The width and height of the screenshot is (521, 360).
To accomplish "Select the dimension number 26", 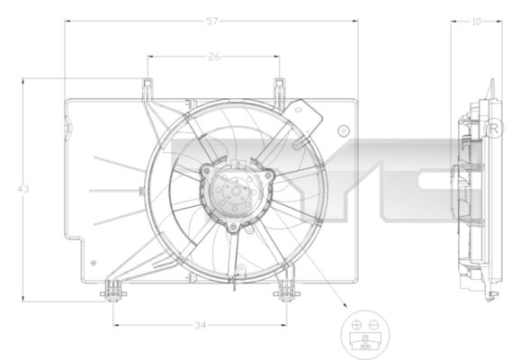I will coord(212,56).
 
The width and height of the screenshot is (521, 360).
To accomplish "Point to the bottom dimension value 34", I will coord(200,325).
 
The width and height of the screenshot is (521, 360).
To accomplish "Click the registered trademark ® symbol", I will coord(493,130).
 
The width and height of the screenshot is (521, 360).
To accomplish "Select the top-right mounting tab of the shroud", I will coord(280,86).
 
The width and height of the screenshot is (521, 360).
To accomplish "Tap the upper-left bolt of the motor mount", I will coord(205,170).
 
